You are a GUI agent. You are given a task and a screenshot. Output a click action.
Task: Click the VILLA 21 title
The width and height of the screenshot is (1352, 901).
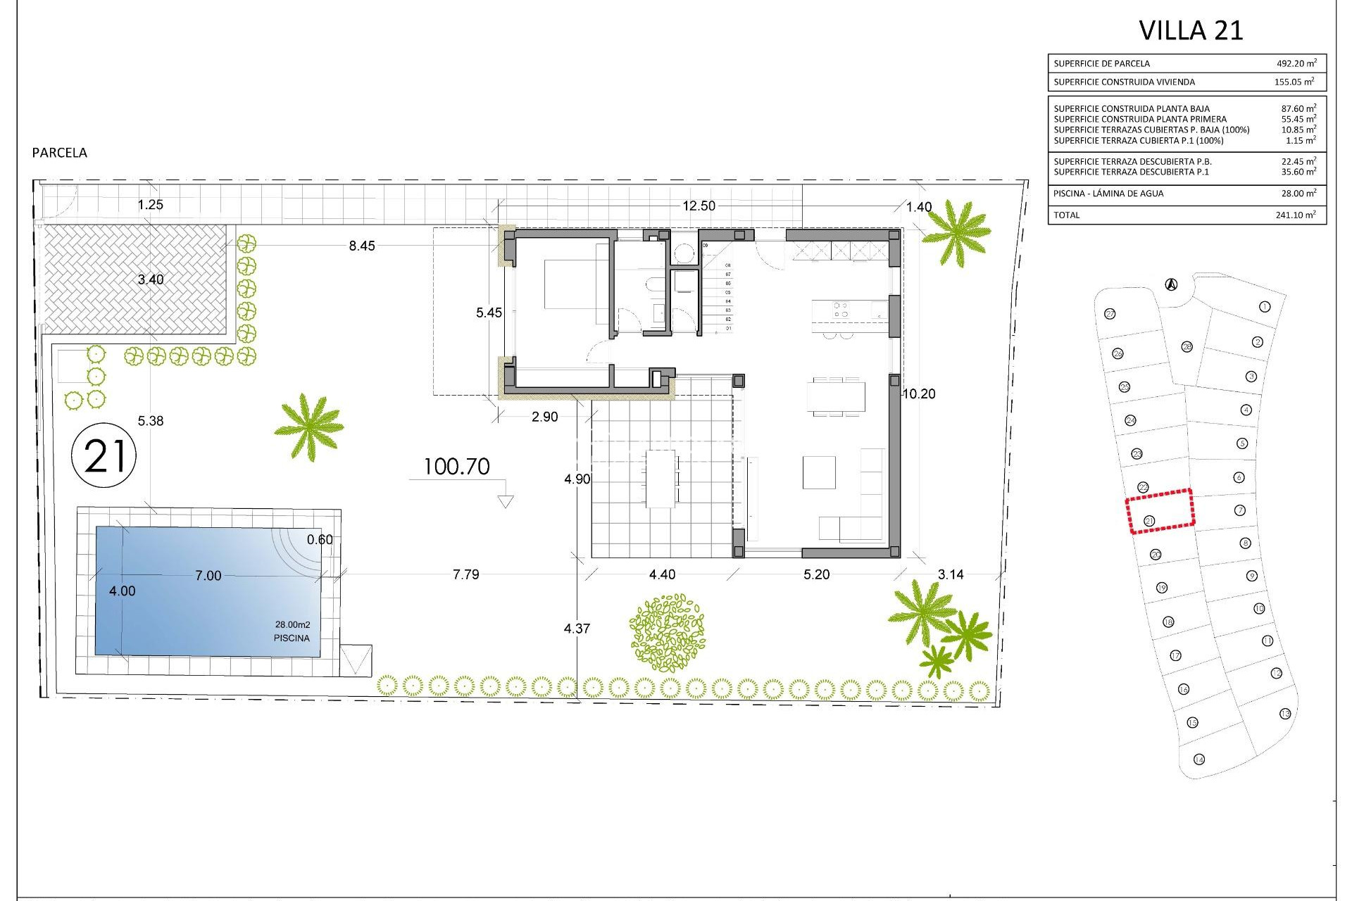click(x=1191, y=30)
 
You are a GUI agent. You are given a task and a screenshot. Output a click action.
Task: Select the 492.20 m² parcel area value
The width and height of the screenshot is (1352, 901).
click(x=1296, y=63)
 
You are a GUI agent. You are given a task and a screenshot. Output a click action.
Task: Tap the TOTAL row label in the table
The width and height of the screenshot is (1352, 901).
click(x=1066, y=215)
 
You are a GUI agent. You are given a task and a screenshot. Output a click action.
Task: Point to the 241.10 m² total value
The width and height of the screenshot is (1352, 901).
click(x=1295, y=215)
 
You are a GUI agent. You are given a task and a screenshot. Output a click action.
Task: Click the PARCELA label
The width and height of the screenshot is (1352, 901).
click(x=60, y=153)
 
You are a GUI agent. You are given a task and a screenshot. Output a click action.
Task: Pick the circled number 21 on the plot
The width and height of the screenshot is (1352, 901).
click(x=104, y=456)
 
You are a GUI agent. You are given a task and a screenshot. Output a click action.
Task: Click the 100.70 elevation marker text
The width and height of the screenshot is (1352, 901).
click(x=456, y=467)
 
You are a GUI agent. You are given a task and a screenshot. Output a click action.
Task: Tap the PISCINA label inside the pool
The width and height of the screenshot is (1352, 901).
click(x=292, y=638)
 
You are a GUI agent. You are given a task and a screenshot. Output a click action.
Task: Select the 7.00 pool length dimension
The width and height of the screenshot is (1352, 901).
click(x=208, y=576)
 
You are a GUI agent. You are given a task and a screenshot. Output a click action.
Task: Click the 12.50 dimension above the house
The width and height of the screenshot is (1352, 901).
click(x=699, y=206)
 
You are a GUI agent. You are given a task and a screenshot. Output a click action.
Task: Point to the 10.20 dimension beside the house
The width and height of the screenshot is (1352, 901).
click(x=919, y=394)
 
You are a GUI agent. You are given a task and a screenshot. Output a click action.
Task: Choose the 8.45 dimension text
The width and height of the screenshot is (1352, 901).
click(x=362, y=246)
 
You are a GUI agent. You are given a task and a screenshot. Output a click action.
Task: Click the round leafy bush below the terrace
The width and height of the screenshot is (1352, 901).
click(x=668, y=632)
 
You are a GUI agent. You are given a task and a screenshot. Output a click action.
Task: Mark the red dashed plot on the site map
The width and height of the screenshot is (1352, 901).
click(x=1160, y=511)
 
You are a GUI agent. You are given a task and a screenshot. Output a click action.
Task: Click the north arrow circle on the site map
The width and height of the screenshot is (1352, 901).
click(x=1170, y=284)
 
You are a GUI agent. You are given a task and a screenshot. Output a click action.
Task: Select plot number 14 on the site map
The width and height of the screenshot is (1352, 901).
click(x=1199, y=759)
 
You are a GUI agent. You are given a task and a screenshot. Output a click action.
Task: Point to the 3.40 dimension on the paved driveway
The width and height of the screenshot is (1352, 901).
click(x=150, y=279)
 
